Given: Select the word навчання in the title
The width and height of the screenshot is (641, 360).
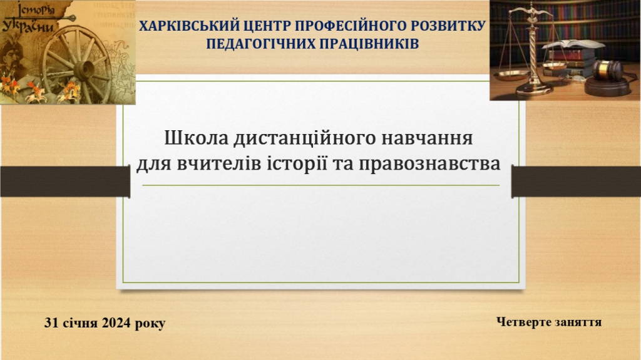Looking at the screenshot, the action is click(427, 138).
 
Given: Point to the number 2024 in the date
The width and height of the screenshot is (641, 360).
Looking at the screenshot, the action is click(116, 323).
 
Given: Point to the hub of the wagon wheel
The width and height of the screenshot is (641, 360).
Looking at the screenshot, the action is click(85, 70).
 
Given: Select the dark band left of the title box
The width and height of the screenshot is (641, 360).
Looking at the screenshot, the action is click(65, 182).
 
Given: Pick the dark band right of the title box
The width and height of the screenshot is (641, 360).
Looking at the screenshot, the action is click(577, 182).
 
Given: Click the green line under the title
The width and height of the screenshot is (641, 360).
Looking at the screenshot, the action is click(321, 185).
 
